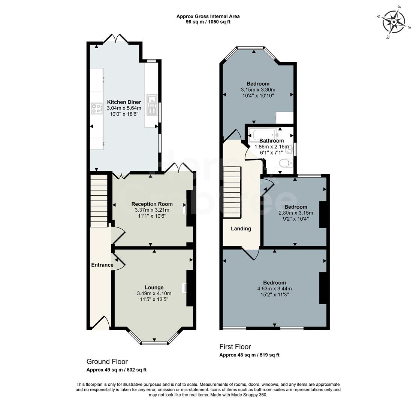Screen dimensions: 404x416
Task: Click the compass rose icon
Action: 394,22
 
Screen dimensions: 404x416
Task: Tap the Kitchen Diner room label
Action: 124,102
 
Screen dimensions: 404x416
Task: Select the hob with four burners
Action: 96,108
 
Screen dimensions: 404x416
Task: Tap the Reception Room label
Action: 152,204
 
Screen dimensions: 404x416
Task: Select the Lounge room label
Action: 154,287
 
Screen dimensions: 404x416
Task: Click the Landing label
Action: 241,229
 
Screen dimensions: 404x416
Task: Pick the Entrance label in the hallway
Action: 102,265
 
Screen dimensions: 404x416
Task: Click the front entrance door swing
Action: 101,323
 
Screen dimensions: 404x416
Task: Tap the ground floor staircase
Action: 99,201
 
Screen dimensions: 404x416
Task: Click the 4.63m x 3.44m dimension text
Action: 274,288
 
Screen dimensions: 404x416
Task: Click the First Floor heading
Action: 235,347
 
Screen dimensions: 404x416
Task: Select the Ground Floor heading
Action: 107,362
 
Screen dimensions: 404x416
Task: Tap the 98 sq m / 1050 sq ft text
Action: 208,22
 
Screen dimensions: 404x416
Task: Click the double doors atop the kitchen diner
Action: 116,39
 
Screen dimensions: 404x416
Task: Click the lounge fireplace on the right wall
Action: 190,288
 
